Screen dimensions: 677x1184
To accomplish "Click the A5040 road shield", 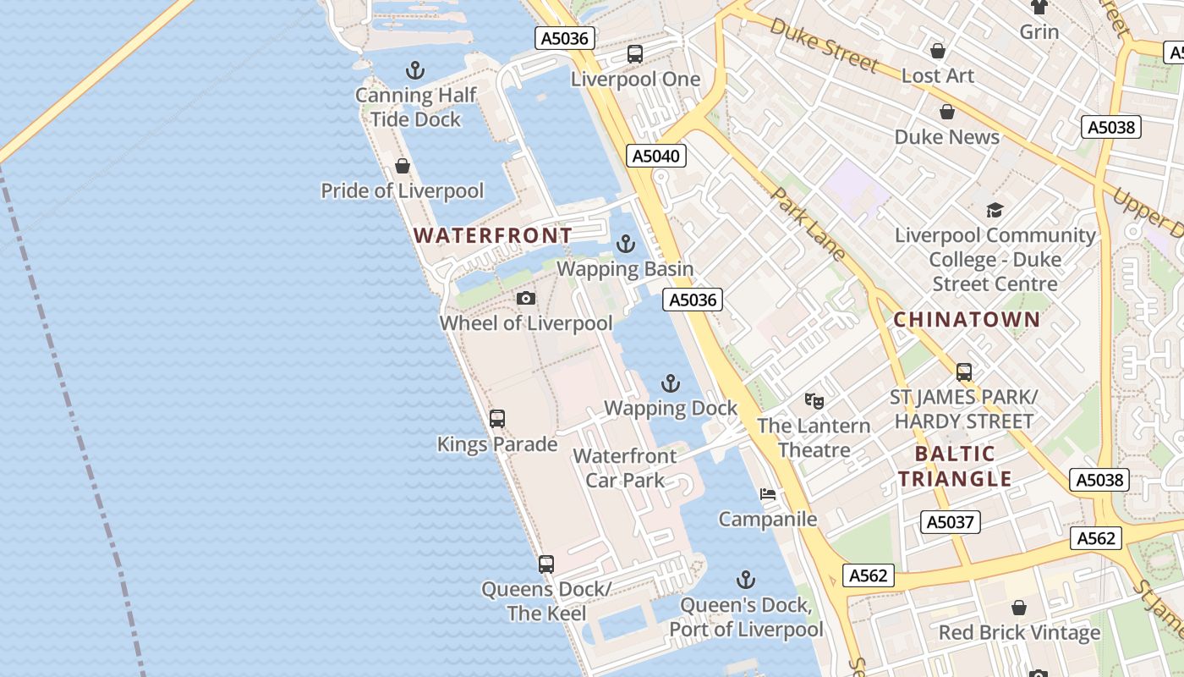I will click(656, 156).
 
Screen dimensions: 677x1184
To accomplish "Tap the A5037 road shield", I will click(950, 522).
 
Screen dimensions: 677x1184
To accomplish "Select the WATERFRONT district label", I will click(492, 235).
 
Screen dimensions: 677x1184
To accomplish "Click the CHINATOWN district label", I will click(967, 320).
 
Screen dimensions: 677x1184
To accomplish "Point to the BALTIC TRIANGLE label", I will click(955, 466).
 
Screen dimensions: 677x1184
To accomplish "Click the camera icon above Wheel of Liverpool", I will click(526, 299).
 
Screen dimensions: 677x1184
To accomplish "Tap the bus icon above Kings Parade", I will click(497, 419).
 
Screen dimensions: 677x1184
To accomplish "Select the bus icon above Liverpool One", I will click(635, 54).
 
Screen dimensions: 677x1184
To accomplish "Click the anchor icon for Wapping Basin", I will click(625, 245).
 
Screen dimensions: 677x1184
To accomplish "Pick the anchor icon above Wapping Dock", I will click(670, 383).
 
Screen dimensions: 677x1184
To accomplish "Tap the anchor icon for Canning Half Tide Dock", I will click(415, 70).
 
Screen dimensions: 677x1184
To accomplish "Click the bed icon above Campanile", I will click(768, 494).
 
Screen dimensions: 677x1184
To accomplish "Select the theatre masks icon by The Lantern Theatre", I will click(814, 400).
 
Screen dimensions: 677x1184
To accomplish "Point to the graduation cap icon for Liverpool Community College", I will click(995, 210).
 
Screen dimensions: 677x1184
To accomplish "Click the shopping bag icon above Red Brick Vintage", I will click(1019, 608).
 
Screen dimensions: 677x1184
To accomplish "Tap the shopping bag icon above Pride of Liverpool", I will click(403, 166).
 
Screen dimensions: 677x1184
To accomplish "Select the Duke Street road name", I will click(825, 46).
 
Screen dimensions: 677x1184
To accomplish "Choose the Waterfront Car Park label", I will click(625, 468).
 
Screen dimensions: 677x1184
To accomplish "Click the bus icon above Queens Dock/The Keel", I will click(546, 564).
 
